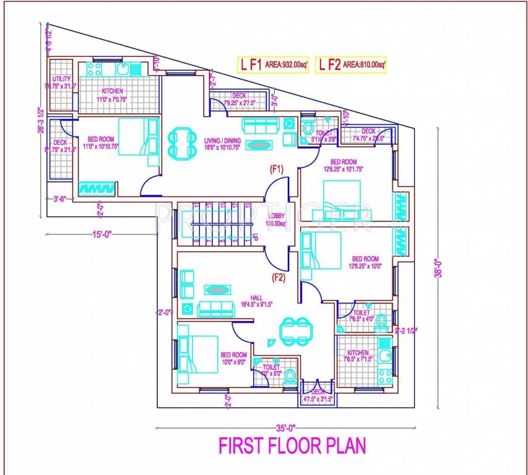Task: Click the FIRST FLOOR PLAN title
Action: point(292,445)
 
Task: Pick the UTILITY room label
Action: point(61,79)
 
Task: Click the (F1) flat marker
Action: point(275,168)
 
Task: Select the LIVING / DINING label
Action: point(222,141)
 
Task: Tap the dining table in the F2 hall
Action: point(295,332)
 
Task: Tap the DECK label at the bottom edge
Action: point(317,392)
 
